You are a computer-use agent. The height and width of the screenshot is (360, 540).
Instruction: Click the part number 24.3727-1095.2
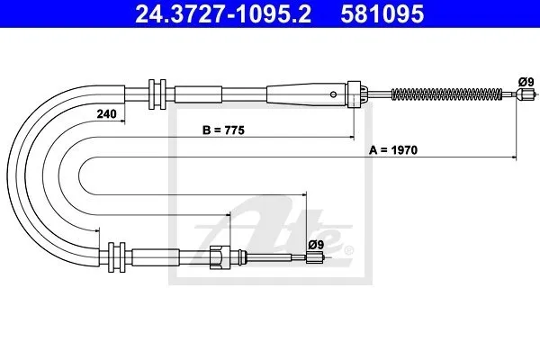[x=223, y=13]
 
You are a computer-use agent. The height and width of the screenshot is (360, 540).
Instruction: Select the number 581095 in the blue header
[x=382, y=13]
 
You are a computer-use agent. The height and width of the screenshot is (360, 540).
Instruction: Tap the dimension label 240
[x=106, y=113]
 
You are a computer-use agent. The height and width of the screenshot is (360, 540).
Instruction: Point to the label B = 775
[x=223, y=130]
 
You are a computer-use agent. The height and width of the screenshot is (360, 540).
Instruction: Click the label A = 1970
[x=393, y=150]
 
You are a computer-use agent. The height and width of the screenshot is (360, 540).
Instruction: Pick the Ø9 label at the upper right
[x=526, y=82]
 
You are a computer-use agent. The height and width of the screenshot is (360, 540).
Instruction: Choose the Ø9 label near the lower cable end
[x=316, y=245]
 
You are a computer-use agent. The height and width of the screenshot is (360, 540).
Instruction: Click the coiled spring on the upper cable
[x=446, y=94]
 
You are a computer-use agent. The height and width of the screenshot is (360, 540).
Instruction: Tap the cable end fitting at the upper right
[x=526, y=94]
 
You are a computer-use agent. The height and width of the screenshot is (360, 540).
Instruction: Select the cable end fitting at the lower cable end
[x=315, y=257]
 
